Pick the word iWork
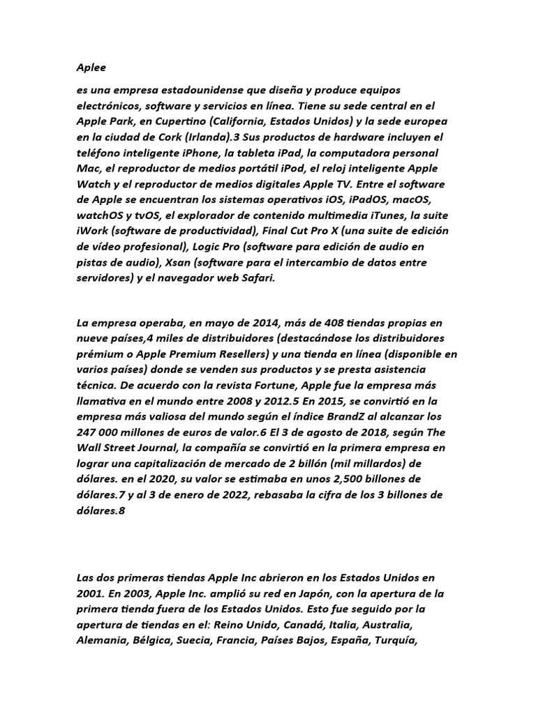pos(94,231)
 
